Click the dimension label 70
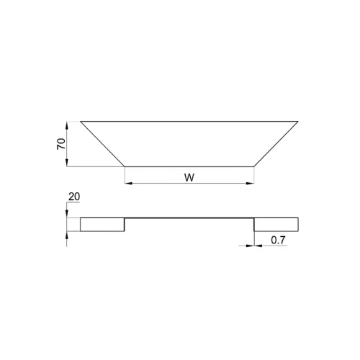pos(61,144)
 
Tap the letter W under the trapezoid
pos(189,178)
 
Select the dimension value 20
pos(74,197)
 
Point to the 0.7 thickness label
pos(278,240)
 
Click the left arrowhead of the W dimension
pos(128,184)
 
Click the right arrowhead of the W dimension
pos(251,184)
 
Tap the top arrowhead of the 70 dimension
pos(67,125)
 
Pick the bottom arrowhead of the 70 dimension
pos(67,163)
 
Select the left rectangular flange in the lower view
pos(102,225)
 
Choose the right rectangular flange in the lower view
pos(276,225)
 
